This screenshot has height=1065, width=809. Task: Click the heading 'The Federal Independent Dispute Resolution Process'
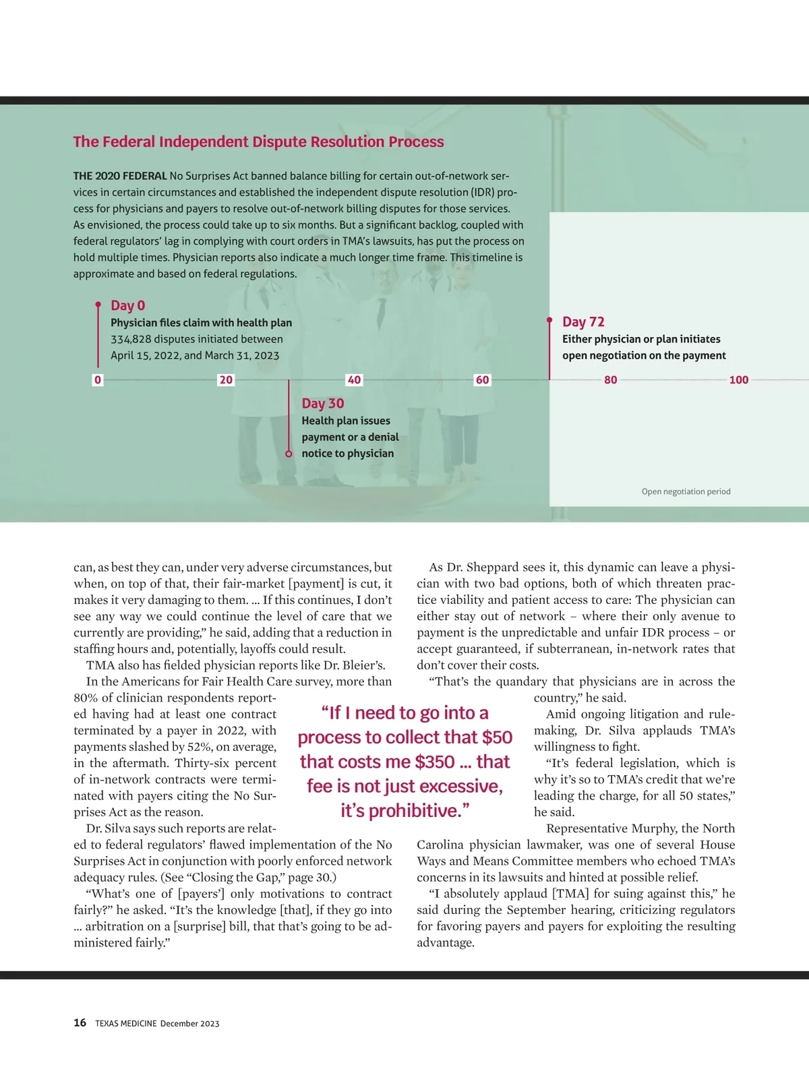click(258, 142)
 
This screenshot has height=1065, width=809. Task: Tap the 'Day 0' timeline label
click(127, 305)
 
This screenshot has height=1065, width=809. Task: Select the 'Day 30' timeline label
click(322, 403)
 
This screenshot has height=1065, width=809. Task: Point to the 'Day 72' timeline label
click(583, 322)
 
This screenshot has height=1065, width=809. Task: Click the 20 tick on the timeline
click(226, 379)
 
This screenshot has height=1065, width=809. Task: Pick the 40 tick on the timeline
click(354, 379)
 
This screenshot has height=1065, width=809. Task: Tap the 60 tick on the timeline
click(482, 379)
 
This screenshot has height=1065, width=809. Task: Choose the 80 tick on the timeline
click(610, 379)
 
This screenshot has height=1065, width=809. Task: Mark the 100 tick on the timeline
click(738, 379)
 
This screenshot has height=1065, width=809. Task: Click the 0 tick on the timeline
click(98, 379)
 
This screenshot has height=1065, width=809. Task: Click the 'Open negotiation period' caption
click(686, 491)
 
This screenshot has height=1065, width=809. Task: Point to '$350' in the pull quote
click(434, 762)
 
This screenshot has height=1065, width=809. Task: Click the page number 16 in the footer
click(80, 1023)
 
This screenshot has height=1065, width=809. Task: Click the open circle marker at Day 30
click(289, 454)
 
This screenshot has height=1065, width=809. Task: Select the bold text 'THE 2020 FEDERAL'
click(120, 176)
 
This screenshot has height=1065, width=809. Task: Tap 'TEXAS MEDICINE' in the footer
click(125, 1023)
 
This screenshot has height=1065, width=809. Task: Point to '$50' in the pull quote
click(497, 737)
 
